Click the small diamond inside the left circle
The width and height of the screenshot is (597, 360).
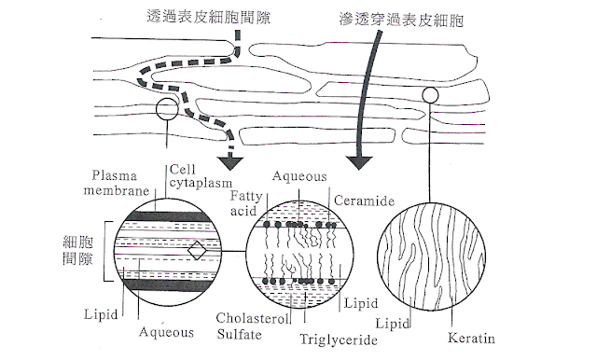[x=196, y=251]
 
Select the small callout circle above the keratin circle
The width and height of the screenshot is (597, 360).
[x=431, y=94]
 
